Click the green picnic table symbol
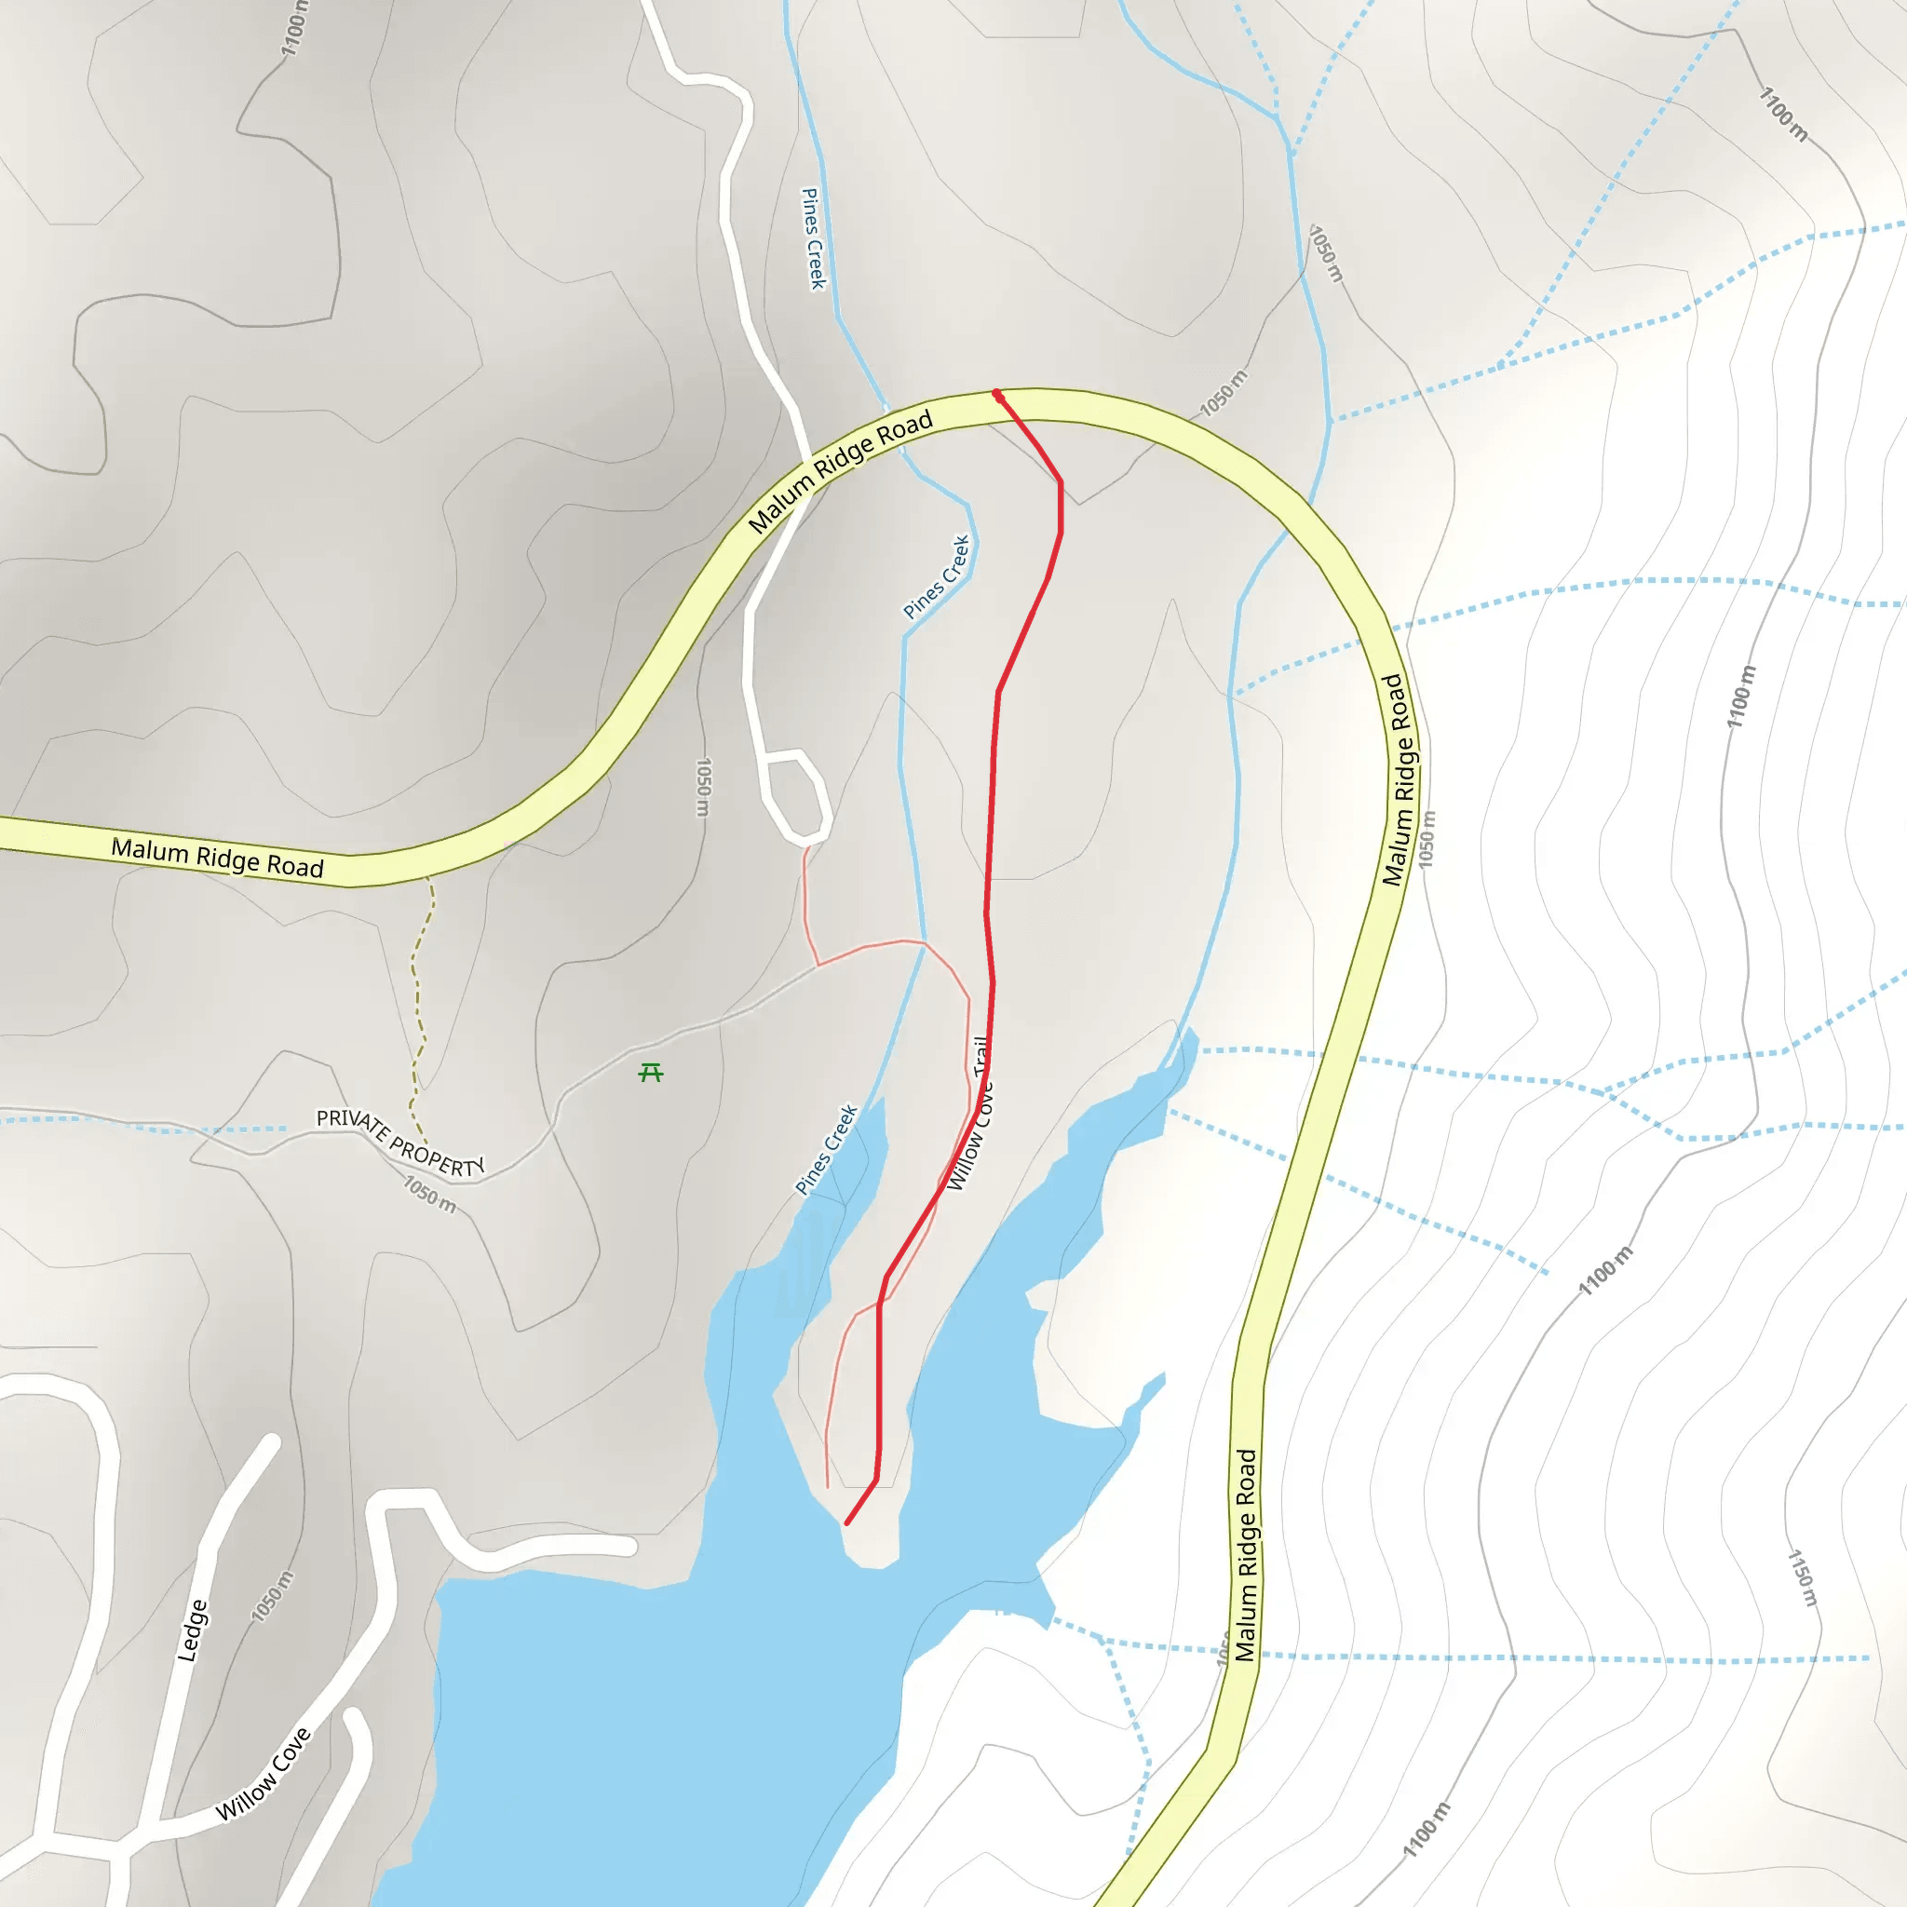(651, 1072)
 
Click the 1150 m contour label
(1803, 1577)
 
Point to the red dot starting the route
(998, 395)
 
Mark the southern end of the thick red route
(847, 1524)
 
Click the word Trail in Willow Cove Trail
(981, 1056)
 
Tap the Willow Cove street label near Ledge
(264, 1774)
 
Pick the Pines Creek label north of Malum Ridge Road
(812, 239)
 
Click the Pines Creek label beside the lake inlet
(826, 1150)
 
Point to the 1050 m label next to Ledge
(272, 1596)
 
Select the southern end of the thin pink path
(827, 1486)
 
